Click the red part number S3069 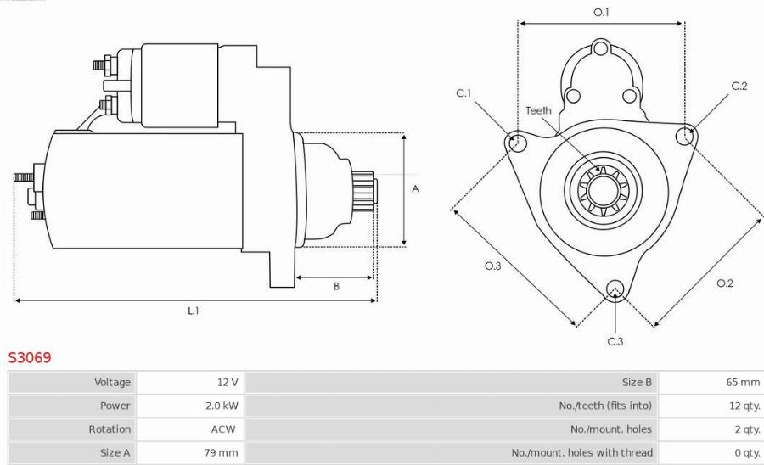tap(30, 357)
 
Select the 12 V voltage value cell tap(228, 383)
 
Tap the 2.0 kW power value tap(222, 406)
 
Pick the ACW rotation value tap(223, 429)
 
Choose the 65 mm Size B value tap(743, 383)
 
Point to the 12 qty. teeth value tap(744, 406)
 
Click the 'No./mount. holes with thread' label tap(581, 452)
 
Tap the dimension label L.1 tap(194, 311)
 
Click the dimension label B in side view tap(336, 287)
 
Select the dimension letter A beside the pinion tap(415, 189)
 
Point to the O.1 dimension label tap(601, 12)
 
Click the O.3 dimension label tap(492, 266)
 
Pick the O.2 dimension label tap(724, 283)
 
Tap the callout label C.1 tap(463, 93)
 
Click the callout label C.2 tap(739, 86)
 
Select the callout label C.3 tap(615, 341)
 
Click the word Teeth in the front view tap(538, 110)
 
